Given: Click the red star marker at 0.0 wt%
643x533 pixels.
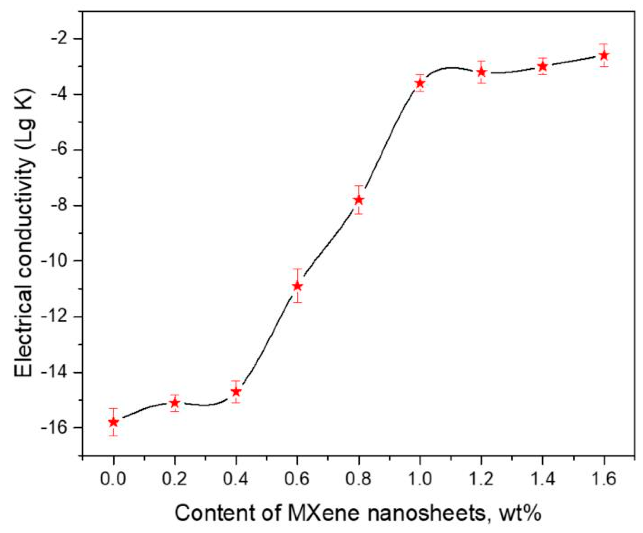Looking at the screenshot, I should pos(114,422).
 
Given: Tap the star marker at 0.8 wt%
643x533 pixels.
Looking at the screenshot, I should pos(359,200).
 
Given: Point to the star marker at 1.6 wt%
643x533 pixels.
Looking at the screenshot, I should pos(604,55).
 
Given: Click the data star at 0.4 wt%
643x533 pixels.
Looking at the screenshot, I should pos(236,391).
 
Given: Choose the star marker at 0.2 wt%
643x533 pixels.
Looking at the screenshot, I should pos(175,403).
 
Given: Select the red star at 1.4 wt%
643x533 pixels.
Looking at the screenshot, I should pos(543,66).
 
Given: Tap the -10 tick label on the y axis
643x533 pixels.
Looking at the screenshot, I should pos(60,261).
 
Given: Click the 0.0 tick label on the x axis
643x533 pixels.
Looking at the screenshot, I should pos(113,479).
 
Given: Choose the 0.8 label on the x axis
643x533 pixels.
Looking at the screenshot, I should pos(358,479).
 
